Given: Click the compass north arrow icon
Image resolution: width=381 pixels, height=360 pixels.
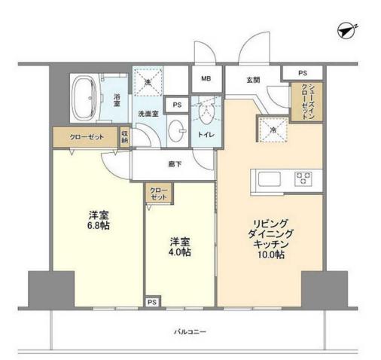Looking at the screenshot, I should click(347, 30).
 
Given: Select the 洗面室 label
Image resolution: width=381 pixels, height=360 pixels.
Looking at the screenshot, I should click(148, 114).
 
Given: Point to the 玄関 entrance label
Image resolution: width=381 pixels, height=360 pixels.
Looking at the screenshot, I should click(254, 79).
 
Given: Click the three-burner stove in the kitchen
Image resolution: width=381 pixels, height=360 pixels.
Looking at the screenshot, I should click(305, 178).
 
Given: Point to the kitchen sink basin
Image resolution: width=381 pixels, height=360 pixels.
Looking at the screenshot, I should click(269, 179).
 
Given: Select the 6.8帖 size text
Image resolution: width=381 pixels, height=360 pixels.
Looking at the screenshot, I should click(98, 225).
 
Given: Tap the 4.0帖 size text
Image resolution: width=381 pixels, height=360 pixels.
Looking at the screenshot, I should click(179, 252).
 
